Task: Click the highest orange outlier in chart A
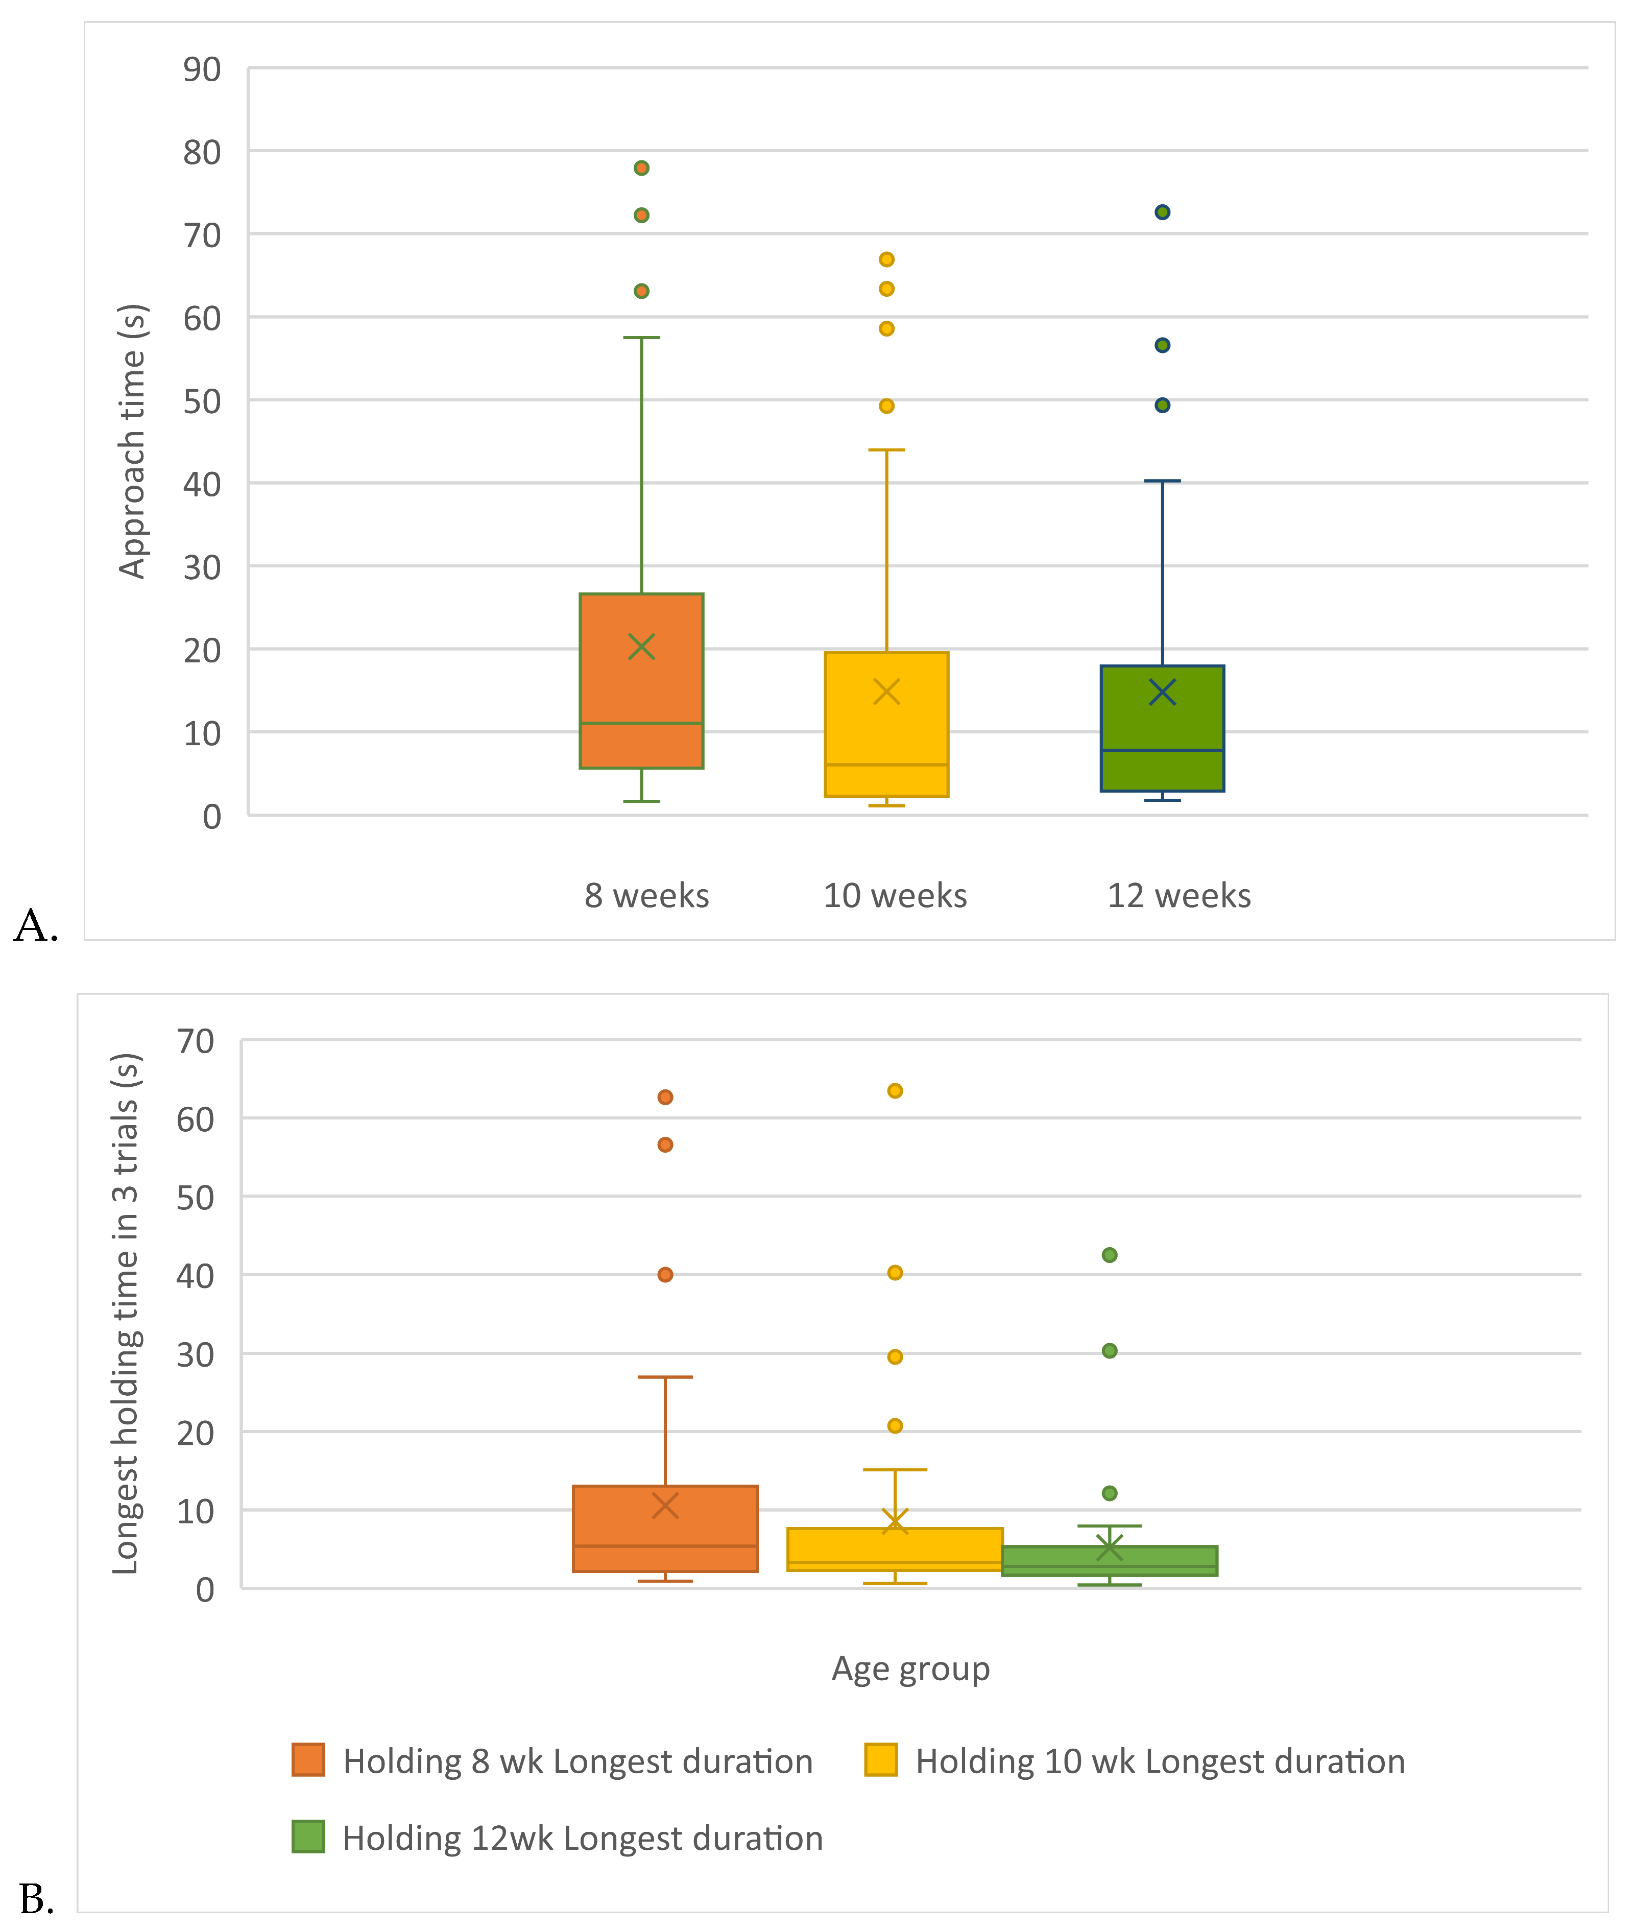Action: pyautogui.click(x=641, y=168)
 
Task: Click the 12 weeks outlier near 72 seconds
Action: pyautogui.click(x=1162, y=212)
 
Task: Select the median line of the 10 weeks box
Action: pyautogui.click(x=887, y=765)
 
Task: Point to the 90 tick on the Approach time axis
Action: pyautogui.click(x=202, y=69)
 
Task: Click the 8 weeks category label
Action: pyautogui.click(x=647, y=895)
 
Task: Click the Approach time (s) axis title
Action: pyautogui.click(x=133, y=441)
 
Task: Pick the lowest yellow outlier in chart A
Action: pyautogui.click(x=887, y=406)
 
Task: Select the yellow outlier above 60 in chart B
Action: pyautogui.click(x=895, y=1091)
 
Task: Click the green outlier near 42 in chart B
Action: pyautogui.click(x=1110, y=1255)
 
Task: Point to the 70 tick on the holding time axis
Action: pyautogui.click(x=196, y=1041)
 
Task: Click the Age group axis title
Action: pyautogui.click(x=911, y=1668)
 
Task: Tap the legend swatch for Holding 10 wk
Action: pyautogui.click(x=880, y=1759)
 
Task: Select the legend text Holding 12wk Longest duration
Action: pyautogui.click(x=583, y=1838)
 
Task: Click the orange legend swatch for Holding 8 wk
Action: pyautogui.click(x=308, y=1759)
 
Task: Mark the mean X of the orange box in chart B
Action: pyautogui.click(x=665, y=1506)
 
